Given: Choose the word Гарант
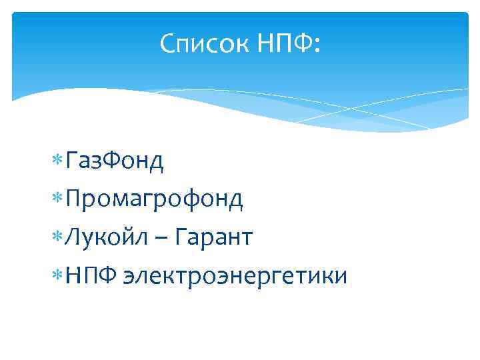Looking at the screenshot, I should [217, 237].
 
